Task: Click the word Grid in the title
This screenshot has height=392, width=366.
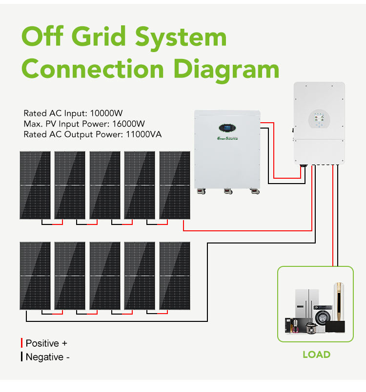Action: point(98,37)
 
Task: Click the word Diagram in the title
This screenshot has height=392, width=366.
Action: point(226,69)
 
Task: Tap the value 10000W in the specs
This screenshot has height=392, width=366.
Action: point(106,113)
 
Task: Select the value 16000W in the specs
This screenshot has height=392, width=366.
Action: point(128,124)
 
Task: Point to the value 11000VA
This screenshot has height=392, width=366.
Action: point(143,134)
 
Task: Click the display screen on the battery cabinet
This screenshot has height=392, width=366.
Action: point(227,128)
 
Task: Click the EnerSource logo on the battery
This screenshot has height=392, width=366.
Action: point(227,138)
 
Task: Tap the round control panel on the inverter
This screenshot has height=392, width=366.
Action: point(319,119)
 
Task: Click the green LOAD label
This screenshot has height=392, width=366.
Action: point(316,355)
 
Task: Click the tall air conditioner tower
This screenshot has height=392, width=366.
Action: point(339,302)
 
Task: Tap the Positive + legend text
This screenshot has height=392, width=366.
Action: point(46,343)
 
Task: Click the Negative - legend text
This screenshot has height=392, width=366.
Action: point(48,357)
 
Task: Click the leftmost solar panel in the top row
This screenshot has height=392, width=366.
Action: point(35,185)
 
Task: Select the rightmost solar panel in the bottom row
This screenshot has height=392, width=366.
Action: point(175,276)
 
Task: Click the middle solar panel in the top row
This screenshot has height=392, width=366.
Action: point(105,185)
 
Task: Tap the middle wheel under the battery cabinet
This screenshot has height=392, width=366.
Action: point(228,191)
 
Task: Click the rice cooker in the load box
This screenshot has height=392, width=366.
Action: point(311,328)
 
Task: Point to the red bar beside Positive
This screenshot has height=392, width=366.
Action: point(22,343)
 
